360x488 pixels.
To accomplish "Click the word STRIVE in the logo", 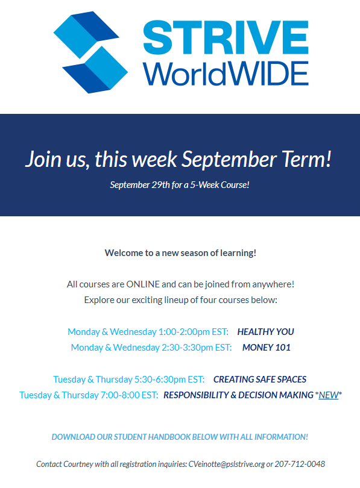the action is click(226, 37).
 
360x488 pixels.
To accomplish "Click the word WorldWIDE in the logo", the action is click(226, 74).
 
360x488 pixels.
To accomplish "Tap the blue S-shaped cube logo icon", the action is click(90, 52).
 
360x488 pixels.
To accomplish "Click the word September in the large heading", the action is click(229, 159).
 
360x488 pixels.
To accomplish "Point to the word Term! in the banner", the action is click(306, 158).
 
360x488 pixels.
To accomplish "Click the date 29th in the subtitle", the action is click(160, 185).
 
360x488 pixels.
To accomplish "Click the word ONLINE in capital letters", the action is click(143, 284).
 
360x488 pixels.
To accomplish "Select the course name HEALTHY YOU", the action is click(266, 332).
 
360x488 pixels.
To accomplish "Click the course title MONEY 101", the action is click(267, 348).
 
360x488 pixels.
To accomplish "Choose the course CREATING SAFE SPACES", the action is click(260, 380).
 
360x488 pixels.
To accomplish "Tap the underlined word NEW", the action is click(328, 395).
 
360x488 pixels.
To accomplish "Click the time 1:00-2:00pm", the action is click(184, 332).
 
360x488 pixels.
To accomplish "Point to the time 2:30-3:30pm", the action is click(187, 348).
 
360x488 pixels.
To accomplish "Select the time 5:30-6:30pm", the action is click(160, 380).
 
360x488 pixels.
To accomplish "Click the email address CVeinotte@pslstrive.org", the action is click(227, 464).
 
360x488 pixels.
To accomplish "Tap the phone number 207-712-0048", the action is click(300, 464).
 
